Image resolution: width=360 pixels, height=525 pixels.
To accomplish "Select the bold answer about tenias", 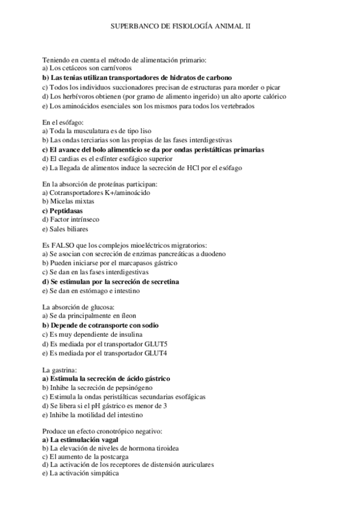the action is [x=137, y=78].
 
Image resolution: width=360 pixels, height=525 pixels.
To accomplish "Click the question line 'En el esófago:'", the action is [x=62, y=123].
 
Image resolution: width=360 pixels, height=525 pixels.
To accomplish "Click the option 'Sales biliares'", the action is [x=69, y=229].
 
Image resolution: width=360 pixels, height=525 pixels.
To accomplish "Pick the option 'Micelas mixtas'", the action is [x=70, y=202].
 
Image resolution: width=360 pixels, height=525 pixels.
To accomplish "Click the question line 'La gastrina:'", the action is [x=59, y=370].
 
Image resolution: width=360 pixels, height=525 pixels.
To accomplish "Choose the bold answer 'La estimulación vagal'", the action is [x=83, y=440].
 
